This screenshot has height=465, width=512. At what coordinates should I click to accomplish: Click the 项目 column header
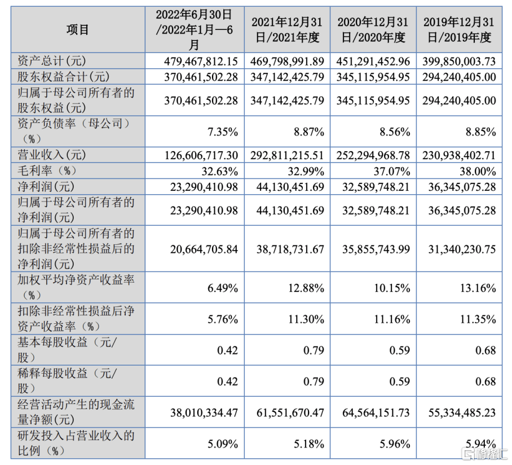pyautogui.click(x=77, y=29)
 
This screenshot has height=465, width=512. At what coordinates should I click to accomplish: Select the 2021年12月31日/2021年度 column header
pyautogui.click(x=286, y=29)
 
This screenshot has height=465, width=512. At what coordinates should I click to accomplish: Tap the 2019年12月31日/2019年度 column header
pyautogui.click(x=459, y=29)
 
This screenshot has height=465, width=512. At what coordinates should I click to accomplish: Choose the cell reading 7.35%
pyautogui.click(x=223, y=131)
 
